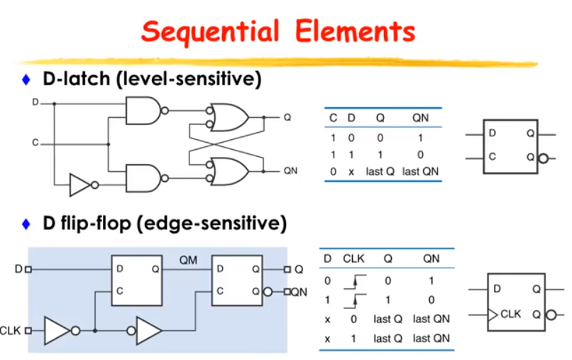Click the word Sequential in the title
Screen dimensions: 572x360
pos(210,32)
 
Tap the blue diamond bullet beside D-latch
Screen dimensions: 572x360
pos(26,80)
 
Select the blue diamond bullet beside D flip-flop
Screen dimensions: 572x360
pos(26,224)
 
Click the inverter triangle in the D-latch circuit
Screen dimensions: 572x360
pos(80,185)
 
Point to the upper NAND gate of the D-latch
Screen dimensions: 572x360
pos(143,111)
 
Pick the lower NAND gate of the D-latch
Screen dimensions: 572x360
pos(143,178)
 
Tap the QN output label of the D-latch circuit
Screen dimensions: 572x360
pos(290,171)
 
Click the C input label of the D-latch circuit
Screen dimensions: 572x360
pos(35,143)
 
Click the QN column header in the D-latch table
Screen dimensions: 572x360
pos(420,118)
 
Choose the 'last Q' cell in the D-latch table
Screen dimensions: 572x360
pos(380,171)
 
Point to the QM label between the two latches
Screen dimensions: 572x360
pos(188,261)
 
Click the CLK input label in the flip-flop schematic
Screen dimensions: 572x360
pos(10,331)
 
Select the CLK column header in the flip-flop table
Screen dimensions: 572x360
pos(353,258)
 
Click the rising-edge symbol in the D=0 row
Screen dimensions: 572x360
pos(355,281)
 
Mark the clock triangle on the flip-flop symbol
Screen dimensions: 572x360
pos(493,315)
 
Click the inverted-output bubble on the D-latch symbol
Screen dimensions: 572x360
pos(544,158)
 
